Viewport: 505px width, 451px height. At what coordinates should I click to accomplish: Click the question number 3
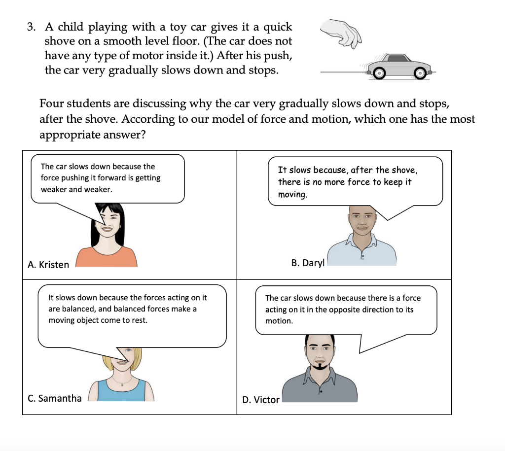[31, 28]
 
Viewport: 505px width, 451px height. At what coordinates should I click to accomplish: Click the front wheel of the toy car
[420, 73]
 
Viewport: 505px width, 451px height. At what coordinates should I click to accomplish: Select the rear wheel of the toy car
[378, 73]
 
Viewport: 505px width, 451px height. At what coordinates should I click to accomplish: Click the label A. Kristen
[48, 265]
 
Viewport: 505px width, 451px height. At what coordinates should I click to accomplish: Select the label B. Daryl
[308, 263]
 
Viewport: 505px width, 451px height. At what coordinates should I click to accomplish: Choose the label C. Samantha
[55, 398]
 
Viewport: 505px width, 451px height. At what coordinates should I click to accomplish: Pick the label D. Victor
[261, 400]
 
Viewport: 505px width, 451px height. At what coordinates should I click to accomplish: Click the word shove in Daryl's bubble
[404, 170]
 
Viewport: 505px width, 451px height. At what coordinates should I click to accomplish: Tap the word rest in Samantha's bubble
[138, 320]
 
